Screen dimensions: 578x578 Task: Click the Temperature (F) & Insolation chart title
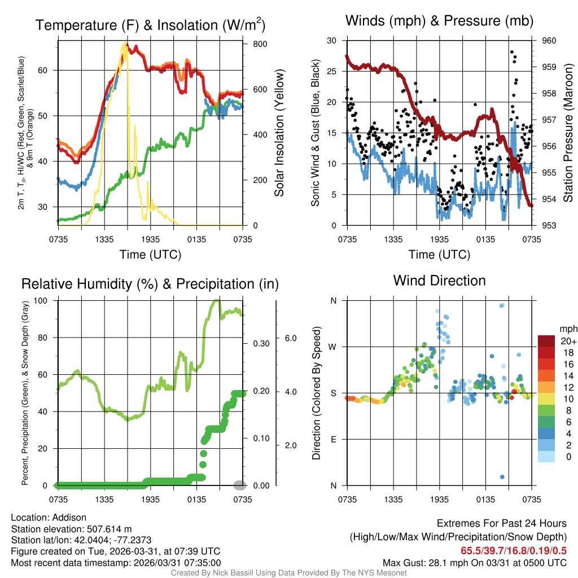point(150,25)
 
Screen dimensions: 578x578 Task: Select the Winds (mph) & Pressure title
point(439,21)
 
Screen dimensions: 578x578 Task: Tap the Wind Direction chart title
point(439,280)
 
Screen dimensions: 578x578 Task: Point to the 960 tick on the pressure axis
point(549,41)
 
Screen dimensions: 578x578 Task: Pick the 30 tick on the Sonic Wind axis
point(332,41)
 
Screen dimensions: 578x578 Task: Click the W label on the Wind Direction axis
point(333,347)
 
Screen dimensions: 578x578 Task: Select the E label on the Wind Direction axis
point(333,439)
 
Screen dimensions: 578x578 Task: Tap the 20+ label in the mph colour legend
point(567,341)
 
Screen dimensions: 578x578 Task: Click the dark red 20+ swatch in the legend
point(546,341)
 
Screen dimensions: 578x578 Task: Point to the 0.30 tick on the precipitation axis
point(252,343)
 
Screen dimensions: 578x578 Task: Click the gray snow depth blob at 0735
point(240,485)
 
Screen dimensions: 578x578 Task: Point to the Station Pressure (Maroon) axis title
point(568,133)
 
